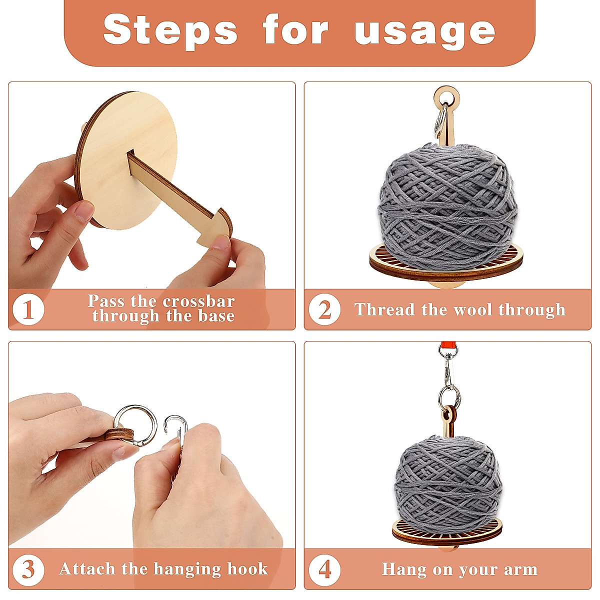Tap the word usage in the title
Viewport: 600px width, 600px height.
pos(424,31)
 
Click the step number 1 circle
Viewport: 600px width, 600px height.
pos(28,309)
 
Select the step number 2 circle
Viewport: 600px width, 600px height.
pos(324,309)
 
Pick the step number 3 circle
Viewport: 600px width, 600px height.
pos(28,569)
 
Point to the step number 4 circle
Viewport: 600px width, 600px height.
pos(324,569)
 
